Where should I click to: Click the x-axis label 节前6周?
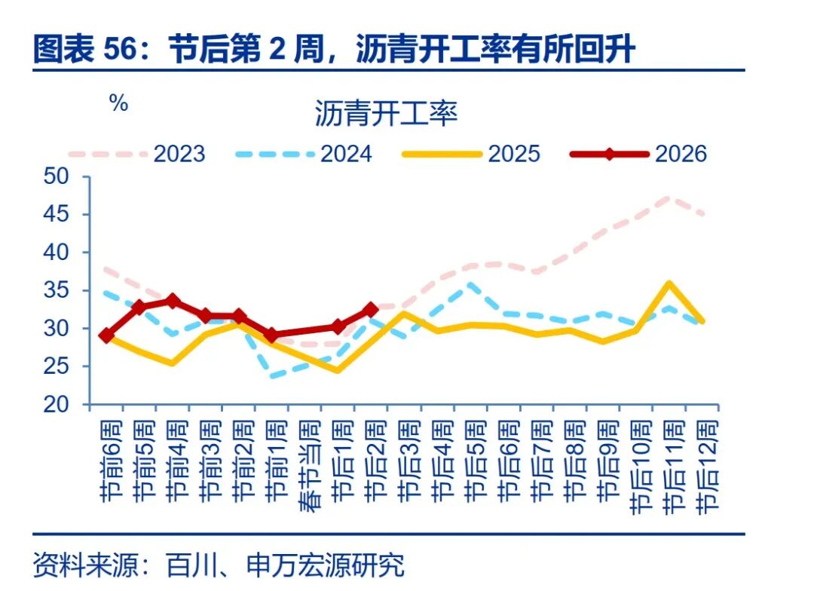pyautogui.click(x=108, y=461)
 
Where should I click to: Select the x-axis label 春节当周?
pyautogui.click(x=307, y=467)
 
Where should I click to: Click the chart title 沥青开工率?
pyautogui.click(x=385, y=115)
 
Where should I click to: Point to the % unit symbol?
pyautogui.click(x=119, y=104)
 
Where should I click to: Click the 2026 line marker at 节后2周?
pyautogui.click(x=370, y=309)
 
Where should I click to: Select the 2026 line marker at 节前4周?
pyautogui.click(x=173, y=300)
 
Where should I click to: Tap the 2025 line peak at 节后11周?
pyautogui.click(x=669, y=284)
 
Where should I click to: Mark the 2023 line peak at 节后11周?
pyautogui.click(x=669, y=198)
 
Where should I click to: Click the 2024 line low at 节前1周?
pyautogui.click(x=272, y=376)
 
